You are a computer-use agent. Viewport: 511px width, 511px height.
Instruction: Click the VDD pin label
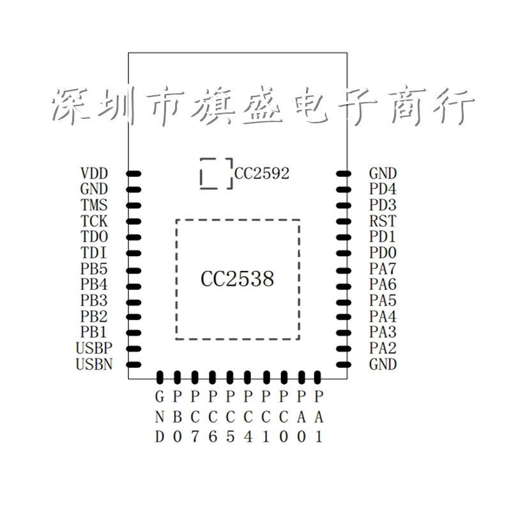tap(94, 173)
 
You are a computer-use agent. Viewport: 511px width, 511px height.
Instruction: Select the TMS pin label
tap(94, 205)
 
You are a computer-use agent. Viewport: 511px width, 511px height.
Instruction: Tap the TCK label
tap(94, 221)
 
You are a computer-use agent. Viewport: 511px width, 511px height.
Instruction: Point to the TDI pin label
tap(93, 253)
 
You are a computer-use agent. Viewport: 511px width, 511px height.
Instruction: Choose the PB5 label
tap(94, 269)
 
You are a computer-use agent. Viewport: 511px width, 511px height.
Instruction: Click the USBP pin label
tap(94, 348)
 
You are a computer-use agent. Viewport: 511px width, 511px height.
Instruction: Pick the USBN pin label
tap(94, 364)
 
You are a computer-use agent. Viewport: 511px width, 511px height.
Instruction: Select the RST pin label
tap(383, 221)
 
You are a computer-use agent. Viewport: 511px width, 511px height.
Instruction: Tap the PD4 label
tap(383, 189)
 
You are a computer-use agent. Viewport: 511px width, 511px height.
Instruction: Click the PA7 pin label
tap(383, 269)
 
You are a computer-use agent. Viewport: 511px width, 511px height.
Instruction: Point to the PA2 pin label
tap(383, 348)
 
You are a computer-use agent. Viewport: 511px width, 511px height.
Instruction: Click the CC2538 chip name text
tap(237, 279)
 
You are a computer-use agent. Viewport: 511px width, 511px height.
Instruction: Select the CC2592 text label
tap(262, 173)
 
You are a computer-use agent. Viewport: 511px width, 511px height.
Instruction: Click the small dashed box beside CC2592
tap(201, 173)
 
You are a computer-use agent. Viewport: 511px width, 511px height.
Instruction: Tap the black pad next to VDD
tap(133, 174)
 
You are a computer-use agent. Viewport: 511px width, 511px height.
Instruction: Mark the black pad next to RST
tap(344, 222)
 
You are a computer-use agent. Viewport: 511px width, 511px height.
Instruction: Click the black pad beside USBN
tap(133, 365)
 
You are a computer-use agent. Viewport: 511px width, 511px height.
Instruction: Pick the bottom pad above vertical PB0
tap(178, 378)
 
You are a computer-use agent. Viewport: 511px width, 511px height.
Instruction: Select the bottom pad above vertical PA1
tap(317, 378)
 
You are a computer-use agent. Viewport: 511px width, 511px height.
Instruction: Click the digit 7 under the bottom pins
tap(195, 436)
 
